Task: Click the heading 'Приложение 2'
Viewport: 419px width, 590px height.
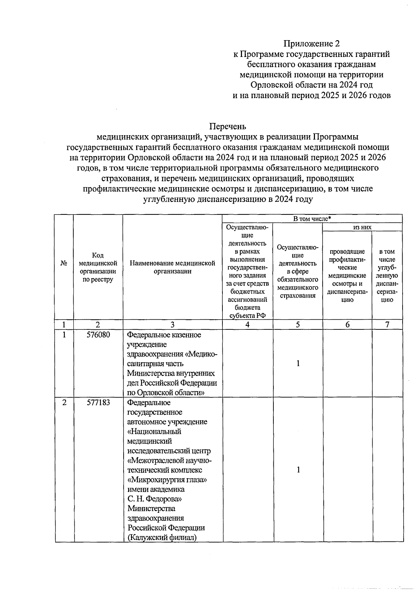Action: (311, 44)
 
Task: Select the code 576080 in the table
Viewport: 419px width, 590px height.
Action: (98, 335)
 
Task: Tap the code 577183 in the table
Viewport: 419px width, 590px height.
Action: (98, 402)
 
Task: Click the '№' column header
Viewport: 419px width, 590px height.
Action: (64, 263)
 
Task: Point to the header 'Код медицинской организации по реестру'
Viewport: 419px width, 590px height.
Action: (98, 267)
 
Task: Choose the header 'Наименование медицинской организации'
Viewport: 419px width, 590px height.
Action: (172, 267)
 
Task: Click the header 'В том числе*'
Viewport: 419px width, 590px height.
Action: (312, 219)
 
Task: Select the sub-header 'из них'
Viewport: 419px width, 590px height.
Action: (362, 227)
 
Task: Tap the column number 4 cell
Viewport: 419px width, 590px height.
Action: (248, 325)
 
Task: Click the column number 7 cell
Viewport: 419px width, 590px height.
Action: (387, 325)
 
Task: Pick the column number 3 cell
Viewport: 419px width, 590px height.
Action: (172, 325)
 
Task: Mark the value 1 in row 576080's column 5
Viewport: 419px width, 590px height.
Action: (298, 364)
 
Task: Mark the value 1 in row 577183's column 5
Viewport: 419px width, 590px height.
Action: (298, 470)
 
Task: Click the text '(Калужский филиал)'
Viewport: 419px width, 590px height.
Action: (162, 537)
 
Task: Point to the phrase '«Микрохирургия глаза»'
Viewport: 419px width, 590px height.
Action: (167, 480)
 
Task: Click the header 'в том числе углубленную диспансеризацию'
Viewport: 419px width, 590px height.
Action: (387, 275)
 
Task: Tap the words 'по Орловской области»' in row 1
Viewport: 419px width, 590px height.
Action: (166, 393)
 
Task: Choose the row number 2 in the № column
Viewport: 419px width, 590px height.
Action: (64, 402)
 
